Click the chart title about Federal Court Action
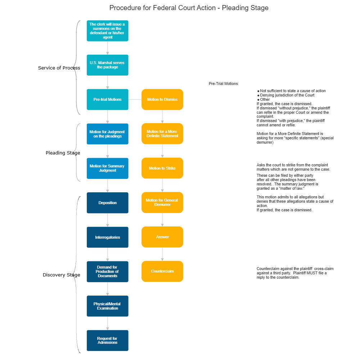(189, 8)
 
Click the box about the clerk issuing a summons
(107, 31)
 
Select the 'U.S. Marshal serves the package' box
(107, 65)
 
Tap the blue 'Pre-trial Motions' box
(107, 99)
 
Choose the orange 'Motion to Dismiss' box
(162, 99)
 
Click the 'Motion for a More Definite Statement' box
(162, 134)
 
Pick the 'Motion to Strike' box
(162, 168)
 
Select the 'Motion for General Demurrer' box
(162, 202)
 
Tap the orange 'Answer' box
(162, 237)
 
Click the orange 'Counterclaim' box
(162, 271)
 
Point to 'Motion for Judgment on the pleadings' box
(107, 134)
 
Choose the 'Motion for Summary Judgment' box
(107, 168)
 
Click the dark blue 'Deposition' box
(107, 203)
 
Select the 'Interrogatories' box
(107, 237)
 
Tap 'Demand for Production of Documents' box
(107, 271)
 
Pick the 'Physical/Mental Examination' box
(107, 306)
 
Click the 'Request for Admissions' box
(107, 340)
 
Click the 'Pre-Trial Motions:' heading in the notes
(224, 84)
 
